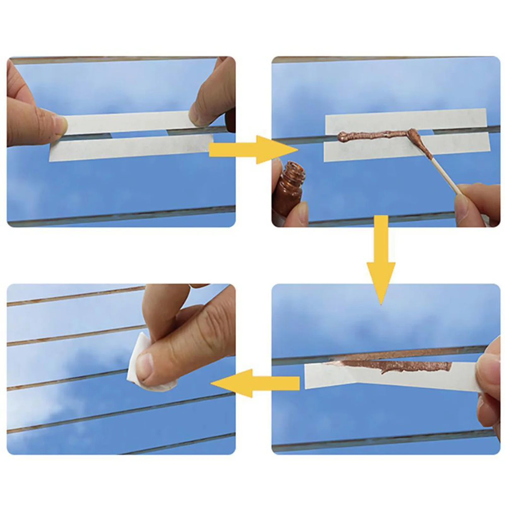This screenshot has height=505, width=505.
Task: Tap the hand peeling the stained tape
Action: pyautogui.click(x=489, y=385)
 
